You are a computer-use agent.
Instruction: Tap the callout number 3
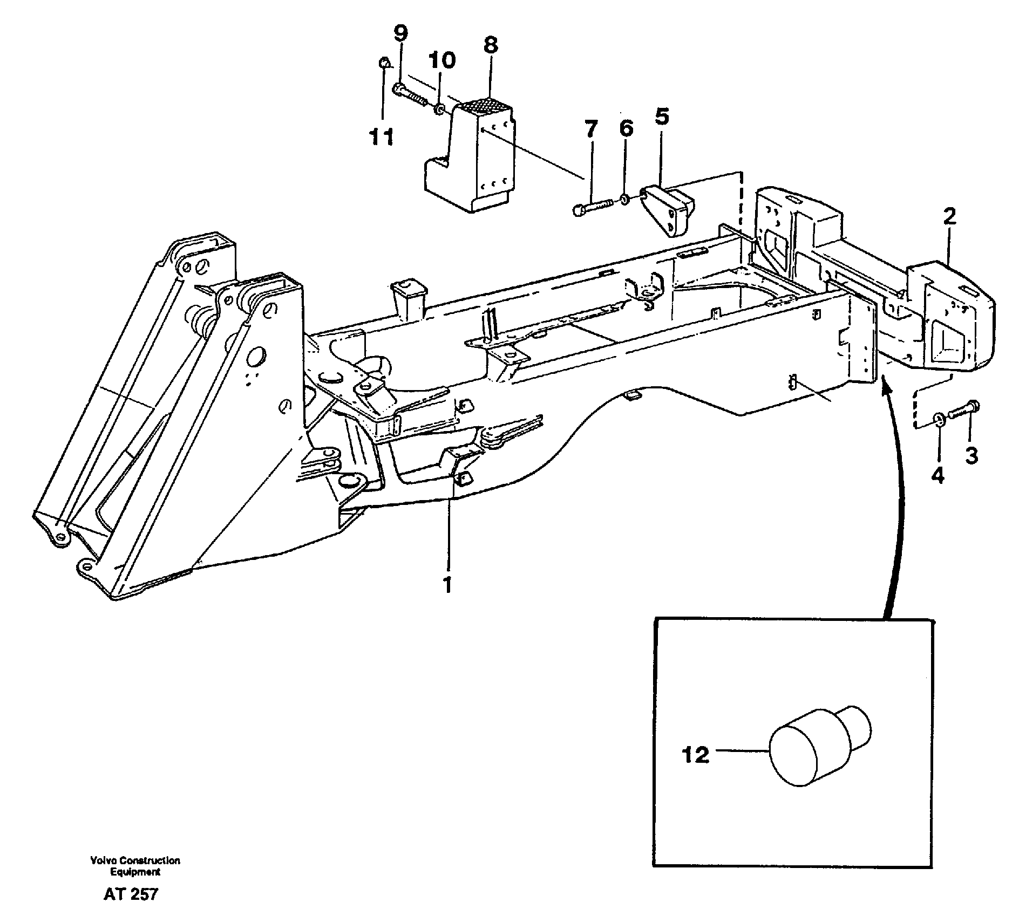click(x=971, y=456)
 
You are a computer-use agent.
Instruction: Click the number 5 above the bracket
click(x=662, y=117)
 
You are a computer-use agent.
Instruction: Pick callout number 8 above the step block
click(x=490, y=45)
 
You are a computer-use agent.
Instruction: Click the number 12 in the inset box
click(x=695, y=755)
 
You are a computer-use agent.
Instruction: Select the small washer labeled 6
click(x=624, y=200)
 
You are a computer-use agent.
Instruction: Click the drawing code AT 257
click(x=131, y=894)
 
